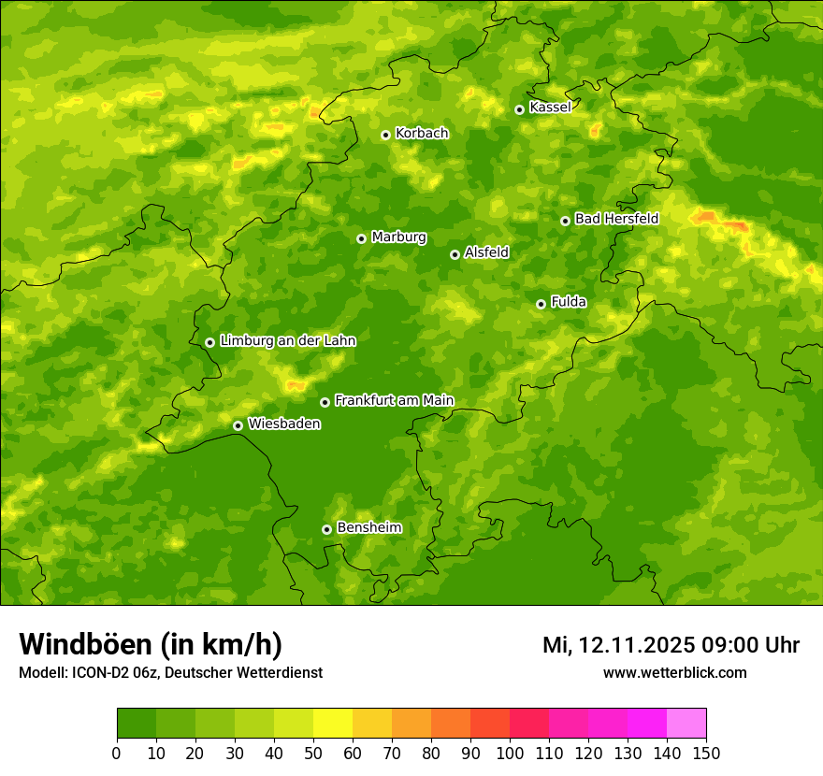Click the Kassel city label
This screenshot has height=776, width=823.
tap(550, 108)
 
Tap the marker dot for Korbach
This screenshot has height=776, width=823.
tap(385, 135)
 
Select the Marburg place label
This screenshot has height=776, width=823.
tap(398, 237)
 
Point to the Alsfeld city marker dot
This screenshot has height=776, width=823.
tap(455, 254)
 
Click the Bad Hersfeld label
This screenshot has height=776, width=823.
tap(616, 219)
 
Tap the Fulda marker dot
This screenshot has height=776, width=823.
tap(541, 304)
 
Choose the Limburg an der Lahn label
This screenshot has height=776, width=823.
tap(287, 341)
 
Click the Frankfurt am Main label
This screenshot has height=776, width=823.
tap(394, 401)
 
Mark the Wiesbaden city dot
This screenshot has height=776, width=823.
tap(238, 425)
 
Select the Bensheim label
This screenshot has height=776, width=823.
tap(368, 528)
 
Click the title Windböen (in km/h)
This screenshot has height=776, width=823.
tap(151, 644)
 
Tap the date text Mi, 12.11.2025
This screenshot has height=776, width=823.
tap(617, 645)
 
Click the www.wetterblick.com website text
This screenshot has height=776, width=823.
tap(674, 672)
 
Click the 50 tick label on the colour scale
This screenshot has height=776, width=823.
tap(313, 753)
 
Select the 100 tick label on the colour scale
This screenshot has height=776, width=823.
tap(510, 753)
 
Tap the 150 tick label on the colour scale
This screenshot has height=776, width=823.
tap(706, 753)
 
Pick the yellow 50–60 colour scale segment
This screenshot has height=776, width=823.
tap(333, 724)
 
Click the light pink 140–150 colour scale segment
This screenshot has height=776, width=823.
tap(686, 724)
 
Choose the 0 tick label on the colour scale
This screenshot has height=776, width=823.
tap(117, 753)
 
